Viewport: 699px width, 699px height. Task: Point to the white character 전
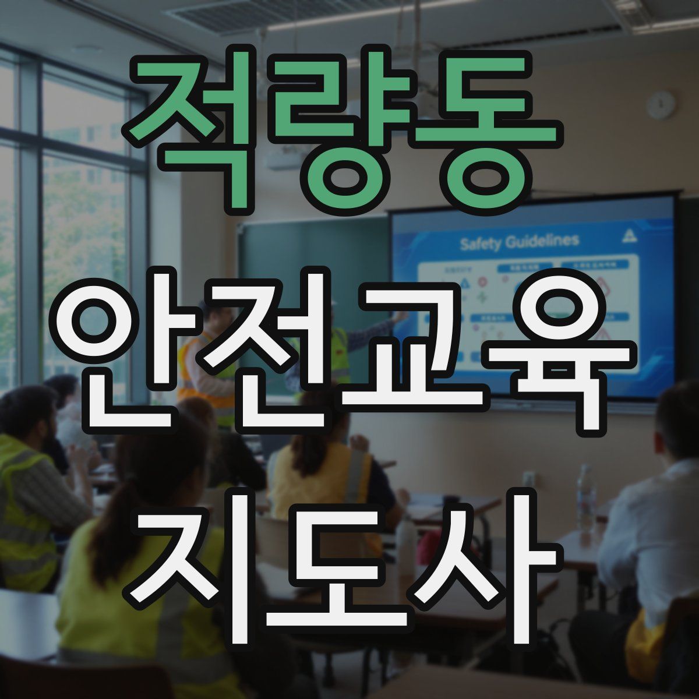274,349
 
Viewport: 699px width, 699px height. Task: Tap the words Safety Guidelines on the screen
520,241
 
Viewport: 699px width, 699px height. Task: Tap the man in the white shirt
652,524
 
